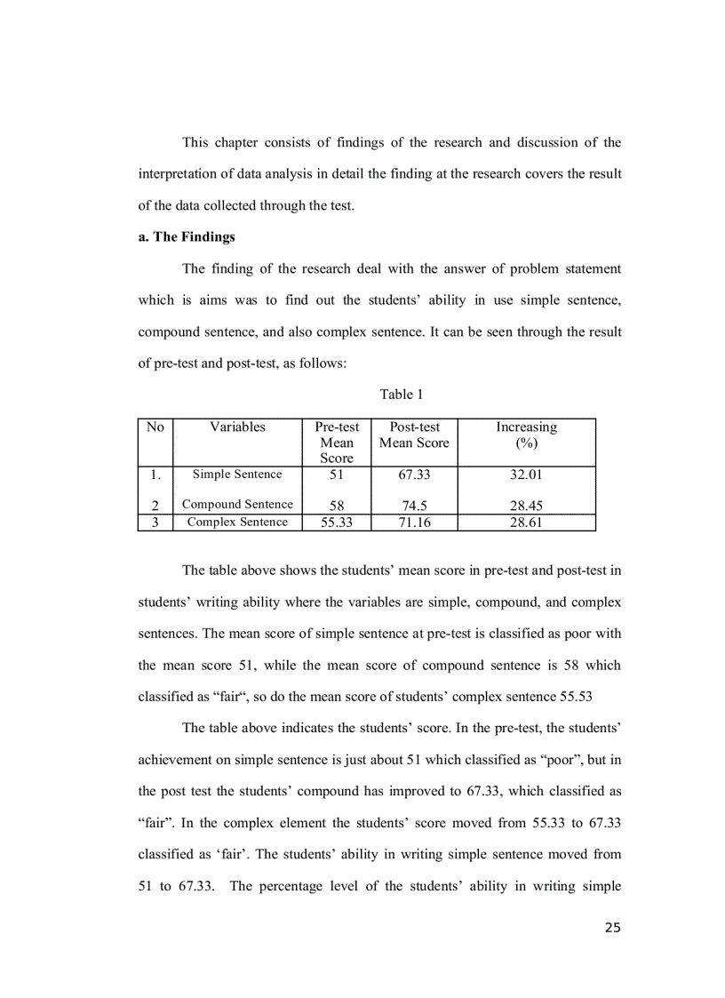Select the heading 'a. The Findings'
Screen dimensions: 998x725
pyautogui.click(x=186, y=237)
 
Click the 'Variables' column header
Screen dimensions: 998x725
pyautogui.click(x=237, y=427)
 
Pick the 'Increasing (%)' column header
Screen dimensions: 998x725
pyautogui.click(x=526, y=435)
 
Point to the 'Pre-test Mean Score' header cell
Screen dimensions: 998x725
pyautogui.click(x=337, y=443)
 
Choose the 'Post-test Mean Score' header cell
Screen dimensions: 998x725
pyautogui.click(x=414, y=435)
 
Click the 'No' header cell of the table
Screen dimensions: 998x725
pyautogui.click(x=155, y=427)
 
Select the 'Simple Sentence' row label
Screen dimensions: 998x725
pyautogui.click(x=237, y=475)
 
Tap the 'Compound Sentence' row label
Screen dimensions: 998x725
pyautogui.click(x=237, y=505)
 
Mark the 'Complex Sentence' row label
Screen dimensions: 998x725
pyautogui.click(x=237, y=523)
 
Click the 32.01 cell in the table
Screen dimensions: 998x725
pyautogui.click(x=526, y=475)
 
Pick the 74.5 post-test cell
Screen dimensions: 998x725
pyautogui.click(x=414, y=506)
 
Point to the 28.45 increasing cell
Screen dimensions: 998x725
pyautogui.click(x=526, y=506)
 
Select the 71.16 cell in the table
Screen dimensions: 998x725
pyautogui.click(x=414, y=523)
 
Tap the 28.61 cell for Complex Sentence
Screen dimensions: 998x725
pyautogui.click(x=526, y=523)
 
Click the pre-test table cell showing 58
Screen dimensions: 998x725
pyautogui.click(x=337, y=506)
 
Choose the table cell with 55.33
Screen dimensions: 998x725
pyautogui.click(x=337, y=523)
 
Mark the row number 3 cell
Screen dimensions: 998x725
pyautogui.click(x=155, y=523)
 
